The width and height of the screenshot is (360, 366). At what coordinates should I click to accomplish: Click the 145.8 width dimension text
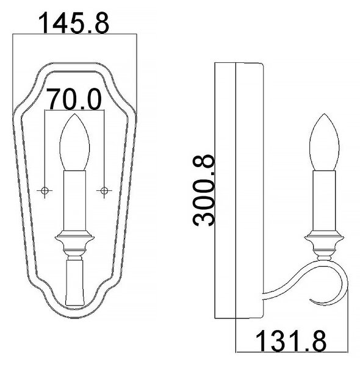74,23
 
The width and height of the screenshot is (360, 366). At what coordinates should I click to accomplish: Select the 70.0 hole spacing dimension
74,99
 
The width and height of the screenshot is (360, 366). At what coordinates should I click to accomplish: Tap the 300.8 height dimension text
203,190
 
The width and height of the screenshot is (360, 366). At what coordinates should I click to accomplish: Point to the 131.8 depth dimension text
291,341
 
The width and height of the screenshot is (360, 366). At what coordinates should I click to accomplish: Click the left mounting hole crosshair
45,190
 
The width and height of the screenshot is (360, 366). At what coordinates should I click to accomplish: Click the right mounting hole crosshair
104,190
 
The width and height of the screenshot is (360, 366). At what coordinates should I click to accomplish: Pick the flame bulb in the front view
74,142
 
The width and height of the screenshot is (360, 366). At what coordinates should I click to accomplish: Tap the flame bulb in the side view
324,142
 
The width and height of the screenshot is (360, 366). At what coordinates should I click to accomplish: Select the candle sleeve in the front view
74,201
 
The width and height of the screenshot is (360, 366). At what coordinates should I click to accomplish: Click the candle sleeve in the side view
324,201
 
